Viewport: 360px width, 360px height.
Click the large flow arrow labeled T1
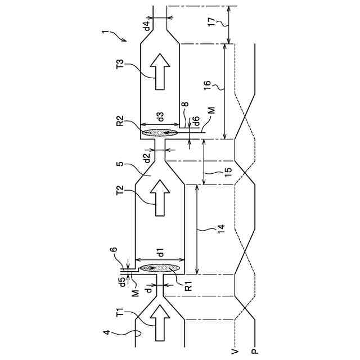(x=160, y=322)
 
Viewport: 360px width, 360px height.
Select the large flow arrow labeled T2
(x=160, y=197)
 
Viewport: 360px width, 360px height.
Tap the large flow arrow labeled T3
(x=160, y=71)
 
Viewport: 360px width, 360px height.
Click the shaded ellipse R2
(x=160, y=133)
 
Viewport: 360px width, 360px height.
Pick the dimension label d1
(x=161, y=252)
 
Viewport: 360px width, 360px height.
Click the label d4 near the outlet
(x=147, y=25)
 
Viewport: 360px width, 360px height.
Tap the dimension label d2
(x=147, y=158)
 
